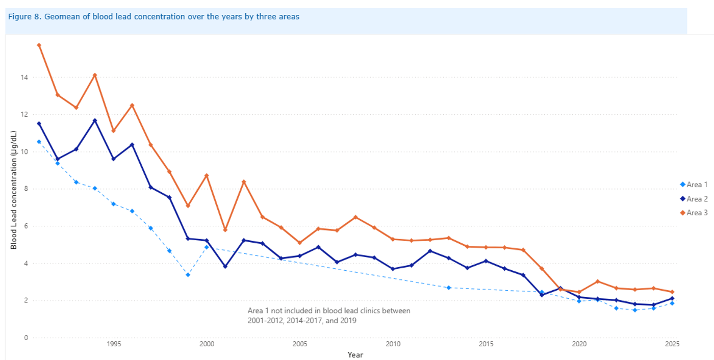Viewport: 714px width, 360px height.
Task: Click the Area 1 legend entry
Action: pyautogui.click(x=697, y=185)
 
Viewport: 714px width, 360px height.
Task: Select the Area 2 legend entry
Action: pyautogui.click(x=697, y=199)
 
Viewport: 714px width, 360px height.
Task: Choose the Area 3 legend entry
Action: pyautogui.click(x=697, y=213)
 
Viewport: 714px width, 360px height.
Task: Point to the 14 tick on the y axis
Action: pyautogui.click(x=24, y=78)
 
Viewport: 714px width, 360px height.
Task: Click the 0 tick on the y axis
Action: pyautogui.click(x=26, y=338)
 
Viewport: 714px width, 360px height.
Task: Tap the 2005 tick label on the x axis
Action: pyautogui.click(x=300, y=344)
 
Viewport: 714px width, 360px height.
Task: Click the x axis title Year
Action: pyautogui.click(x=355, y=354)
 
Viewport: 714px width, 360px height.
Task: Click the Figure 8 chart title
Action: pyautogui.click(x=154, y=16)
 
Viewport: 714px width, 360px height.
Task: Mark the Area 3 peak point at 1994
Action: pyautogui.click(x=95, y=75)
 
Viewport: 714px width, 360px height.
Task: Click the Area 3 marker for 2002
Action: pyautogui.click(x=244, y=182)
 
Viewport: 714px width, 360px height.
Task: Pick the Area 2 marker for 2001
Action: pyautogui.click(x=225, y=266)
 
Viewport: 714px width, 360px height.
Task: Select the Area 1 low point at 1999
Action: pyautogui.click(x=188, y=275)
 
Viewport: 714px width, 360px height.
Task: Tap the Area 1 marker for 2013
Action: pyautogui.click(x=449, y=288)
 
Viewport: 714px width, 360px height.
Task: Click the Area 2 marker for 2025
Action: pyautogui.click(x=672, y=298)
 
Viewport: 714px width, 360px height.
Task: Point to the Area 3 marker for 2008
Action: pyautogui.click(x=355, y=217)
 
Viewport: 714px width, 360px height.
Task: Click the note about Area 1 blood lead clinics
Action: pyautogui.click(x=328, y=316)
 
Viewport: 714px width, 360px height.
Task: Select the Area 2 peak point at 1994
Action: pyautogui.click(x=95, y=120)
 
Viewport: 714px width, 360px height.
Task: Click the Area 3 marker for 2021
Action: pyautogui.click(x=598, y=281)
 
